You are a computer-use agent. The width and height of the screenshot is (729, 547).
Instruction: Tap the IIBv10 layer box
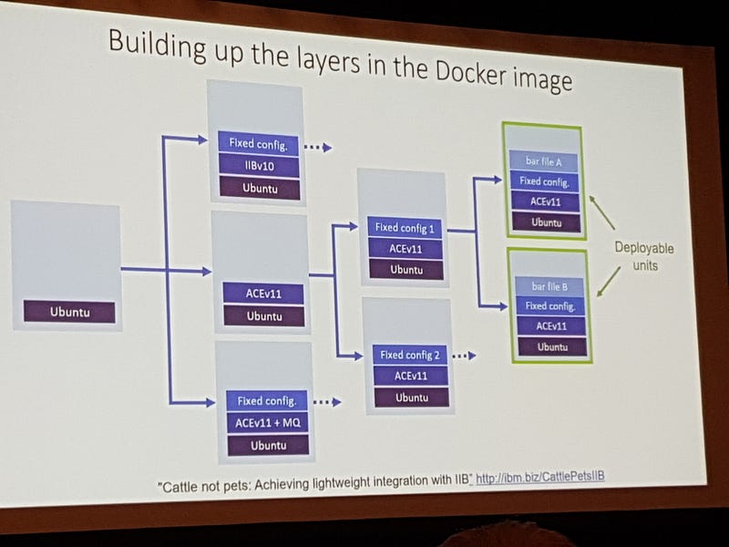point(258,167)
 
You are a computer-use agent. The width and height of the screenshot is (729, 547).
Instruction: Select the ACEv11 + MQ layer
point(267,423)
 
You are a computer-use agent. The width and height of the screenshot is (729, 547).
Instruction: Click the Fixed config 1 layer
point(406,228)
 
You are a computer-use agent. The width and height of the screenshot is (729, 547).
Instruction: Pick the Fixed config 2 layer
point(411,355)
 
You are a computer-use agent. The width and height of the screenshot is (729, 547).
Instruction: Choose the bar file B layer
point(549,286)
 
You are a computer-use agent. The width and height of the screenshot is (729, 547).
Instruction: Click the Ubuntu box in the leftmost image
point(69,313)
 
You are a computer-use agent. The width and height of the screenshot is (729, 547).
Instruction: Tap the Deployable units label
point(643,256)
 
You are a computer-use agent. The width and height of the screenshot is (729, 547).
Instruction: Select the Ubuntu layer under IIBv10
point(258,189)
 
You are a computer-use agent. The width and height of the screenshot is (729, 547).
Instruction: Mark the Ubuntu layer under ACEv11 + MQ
point(268,445)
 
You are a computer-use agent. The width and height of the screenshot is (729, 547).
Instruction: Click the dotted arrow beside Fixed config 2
point(464,356)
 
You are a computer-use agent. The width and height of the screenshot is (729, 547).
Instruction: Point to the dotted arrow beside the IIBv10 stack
point(316,147)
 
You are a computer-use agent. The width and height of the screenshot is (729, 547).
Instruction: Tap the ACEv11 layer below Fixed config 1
point(406,249)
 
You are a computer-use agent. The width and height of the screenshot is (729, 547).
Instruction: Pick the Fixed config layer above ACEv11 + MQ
point(267,400)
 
